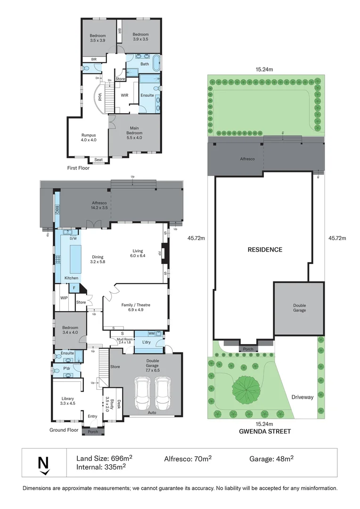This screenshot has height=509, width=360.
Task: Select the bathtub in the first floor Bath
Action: [157, 63]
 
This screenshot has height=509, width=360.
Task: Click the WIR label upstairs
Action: [124, 95]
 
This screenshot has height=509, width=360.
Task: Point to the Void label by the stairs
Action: [100, 97]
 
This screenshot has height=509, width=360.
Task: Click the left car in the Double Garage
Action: [142, 394]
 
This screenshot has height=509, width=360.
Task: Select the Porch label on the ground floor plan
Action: [93, 432]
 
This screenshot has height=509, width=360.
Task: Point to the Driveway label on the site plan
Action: [302, 397]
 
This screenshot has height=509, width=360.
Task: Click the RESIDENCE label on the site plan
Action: [265, 250]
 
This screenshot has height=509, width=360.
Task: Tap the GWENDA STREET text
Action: [265, 431]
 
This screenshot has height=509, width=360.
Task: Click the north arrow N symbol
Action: [44, 464]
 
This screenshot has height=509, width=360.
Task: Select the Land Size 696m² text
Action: [104, 458]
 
